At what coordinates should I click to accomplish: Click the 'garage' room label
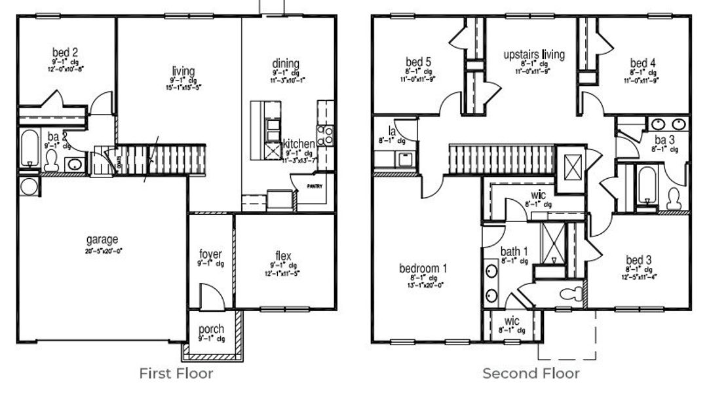point(102,239)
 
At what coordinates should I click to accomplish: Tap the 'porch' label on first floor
point(211,329)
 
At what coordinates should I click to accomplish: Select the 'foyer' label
point(210,254)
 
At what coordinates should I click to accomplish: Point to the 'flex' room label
point(283,255)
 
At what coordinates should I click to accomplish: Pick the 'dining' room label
point(286,64)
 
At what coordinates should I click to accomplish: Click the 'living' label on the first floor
point(183,71)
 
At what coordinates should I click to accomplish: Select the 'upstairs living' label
point(533,54)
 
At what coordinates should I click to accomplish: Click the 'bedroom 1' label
point(423,269)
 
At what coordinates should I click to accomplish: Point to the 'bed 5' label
point(417,62)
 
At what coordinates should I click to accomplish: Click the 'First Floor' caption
point(176,373)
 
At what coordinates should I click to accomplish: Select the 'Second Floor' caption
point(531,373)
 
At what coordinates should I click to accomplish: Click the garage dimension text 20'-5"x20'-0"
point(102,250)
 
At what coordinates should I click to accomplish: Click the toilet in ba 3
point(674,199)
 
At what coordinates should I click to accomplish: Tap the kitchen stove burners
point(325,136)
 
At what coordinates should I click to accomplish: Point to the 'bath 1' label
point(514,252)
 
